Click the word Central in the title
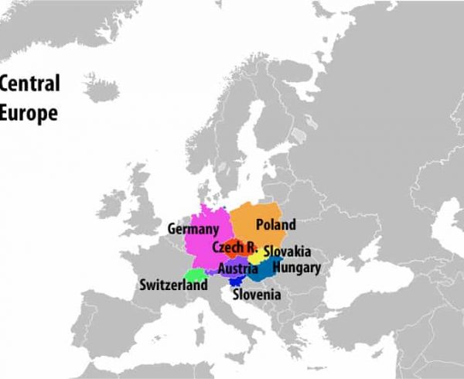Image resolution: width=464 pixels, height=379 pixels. [x=30, y=84]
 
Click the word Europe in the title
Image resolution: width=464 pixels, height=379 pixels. [x=29, y=112]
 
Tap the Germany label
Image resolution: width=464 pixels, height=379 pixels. [x=193, y=229]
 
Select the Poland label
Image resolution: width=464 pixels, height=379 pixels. [x=276, y=225]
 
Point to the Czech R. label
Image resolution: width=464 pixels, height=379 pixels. [x=234, y=248]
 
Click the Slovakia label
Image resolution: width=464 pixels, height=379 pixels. [x=287, y=252]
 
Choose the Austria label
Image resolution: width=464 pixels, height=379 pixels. [x=237, y=269]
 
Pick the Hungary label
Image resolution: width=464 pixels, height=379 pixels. [x=297, y=268]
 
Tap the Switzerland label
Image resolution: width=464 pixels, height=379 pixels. [x=173, y=285]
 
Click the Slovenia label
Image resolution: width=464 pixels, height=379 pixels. [x=257, y=295]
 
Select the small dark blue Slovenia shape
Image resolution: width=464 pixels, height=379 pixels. [x=234, y=282]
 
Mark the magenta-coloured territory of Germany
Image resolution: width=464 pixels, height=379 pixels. [x=203, y=248]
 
